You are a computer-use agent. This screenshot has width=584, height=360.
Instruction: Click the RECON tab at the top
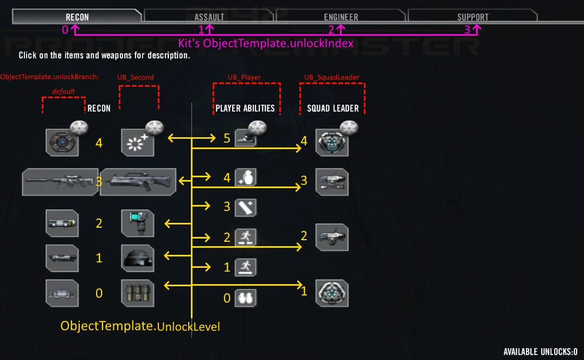coord(77,17)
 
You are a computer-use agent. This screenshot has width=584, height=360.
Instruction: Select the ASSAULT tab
coord(209,17)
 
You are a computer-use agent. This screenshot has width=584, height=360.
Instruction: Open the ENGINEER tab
coord(341,17)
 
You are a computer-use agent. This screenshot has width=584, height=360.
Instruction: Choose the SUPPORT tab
coord(472,17)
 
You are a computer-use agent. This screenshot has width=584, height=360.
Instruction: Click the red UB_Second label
coord(136,77)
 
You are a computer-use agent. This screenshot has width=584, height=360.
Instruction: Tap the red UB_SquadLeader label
coord(331,77)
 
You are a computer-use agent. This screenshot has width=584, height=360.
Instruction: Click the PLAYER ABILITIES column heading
coord(245,108)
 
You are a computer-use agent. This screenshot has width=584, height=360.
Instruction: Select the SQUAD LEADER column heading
coord(332,108)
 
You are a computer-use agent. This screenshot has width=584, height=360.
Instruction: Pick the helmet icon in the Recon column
coord(137,258)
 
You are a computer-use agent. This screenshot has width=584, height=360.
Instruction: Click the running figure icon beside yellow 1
coord(245,267)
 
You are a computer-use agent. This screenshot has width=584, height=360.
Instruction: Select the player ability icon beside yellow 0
coord(245,298)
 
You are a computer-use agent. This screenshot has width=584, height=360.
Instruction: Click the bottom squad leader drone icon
coord(331,293)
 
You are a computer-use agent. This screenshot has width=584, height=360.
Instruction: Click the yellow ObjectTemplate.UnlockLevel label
coord(140,326)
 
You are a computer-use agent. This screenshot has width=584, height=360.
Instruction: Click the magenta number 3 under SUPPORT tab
coord(467,30)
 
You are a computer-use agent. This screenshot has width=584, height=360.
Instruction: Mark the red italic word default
coord(63,91)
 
